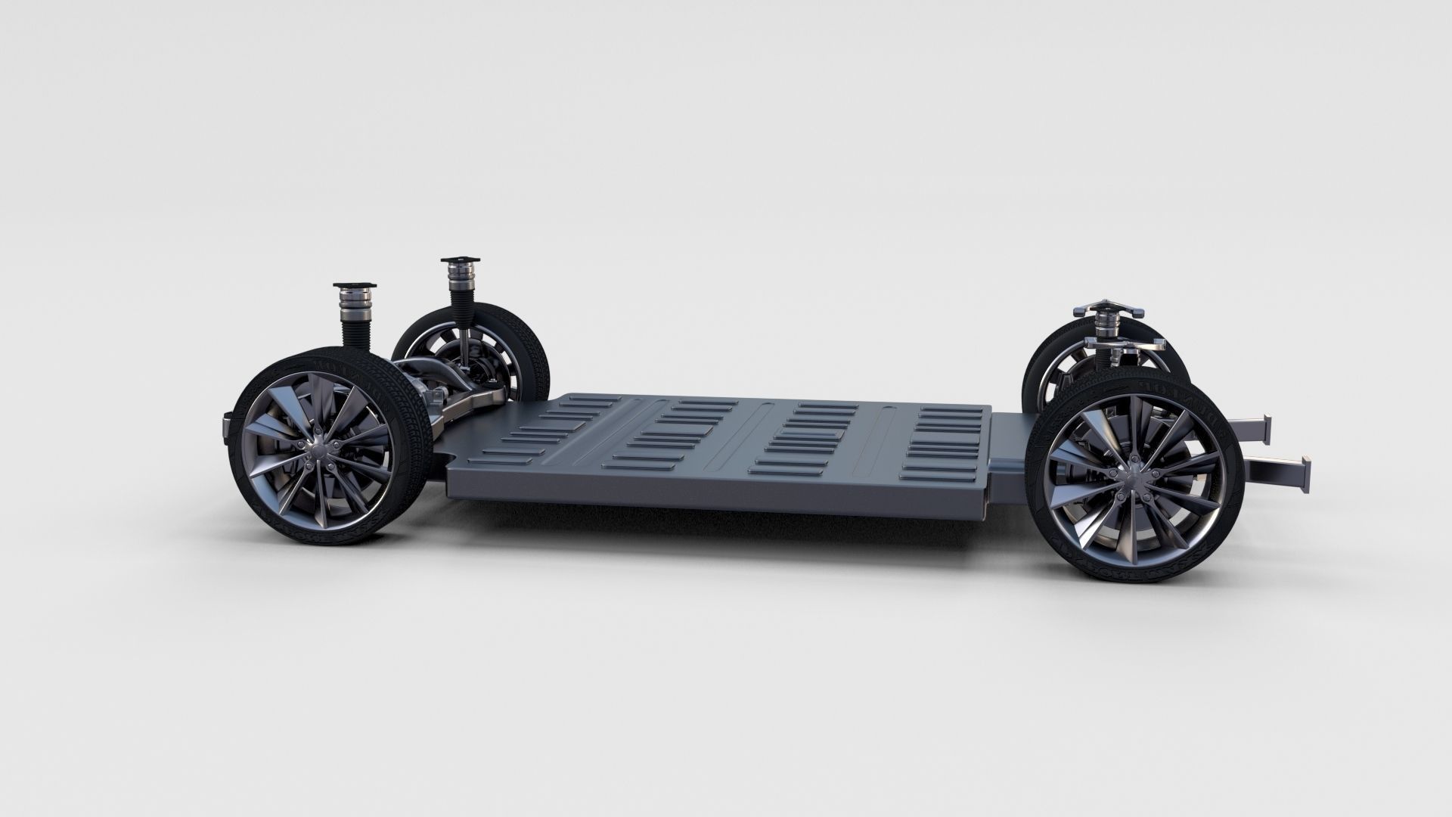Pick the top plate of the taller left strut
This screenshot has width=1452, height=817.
[459, 262]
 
